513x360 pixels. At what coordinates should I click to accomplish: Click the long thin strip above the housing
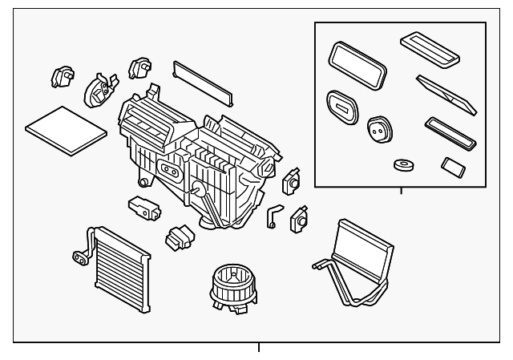[203, 81]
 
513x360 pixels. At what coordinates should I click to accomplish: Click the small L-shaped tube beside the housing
[275, 215]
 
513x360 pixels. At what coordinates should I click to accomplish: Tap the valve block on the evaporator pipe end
[80, 257]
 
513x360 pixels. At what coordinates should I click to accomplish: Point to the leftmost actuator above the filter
[63, 76]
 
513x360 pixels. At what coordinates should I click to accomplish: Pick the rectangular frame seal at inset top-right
[430, 47]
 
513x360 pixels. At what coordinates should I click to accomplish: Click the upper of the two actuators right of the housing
[291, 181]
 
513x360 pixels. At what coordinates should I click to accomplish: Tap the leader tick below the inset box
[401, 189]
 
